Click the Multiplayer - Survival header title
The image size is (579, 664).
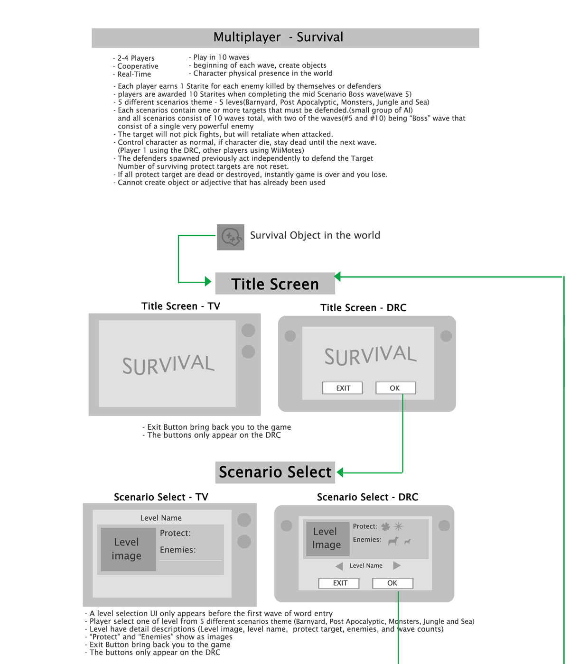tap(278, 37)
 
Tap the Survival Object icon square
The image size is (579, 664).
tap(231, 237)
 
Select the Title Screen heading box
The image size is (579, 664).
tap(275, 284)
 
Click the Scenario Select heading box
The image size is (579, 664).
tap(275, 472)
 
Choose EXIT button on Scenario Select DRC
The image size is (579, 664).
tap(339, 583)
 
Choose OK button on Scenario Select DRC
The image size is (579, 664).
tap(392, 583)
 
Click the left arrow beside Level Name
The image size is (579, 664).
tap(339, 566)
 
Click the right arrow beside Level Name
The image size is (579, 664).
tap(397, 565)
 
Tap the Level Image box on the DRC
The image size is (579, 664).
tap(327, 539)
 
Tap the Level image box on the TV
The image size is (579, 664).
tap(127, 549)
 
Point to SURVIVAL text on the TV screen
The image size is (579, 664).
tap(168, 365)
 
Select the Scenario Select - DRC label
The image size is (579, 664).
tap(367, 497)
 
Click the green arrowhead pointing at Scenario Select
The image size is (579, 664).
tap(340, 472)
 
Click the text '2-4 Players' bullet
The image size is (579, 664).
tap(135, 58)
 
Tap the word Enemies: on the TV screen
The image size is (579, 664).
tap(177, 550)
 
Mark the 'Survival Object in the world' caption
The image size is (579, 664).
tap(315, 236)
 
